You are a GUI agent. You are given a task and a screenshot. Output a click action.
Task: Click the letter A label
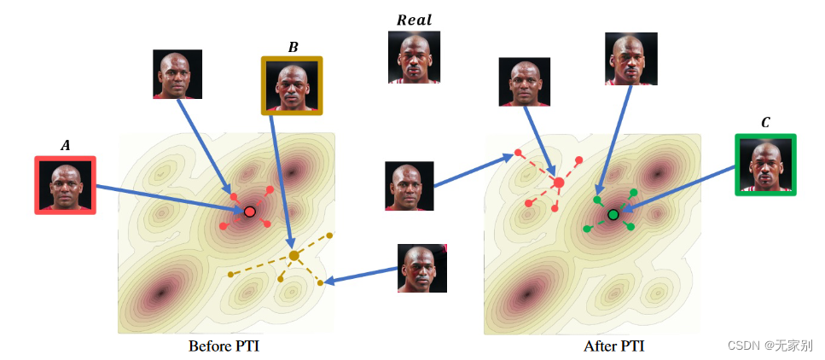[x=65, y=146]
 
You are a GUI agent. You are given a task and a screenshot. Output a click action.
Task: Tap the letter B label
[x=293, y=47]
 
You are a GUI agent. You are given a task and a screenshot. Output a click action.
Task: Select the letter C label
[x=765, y=123]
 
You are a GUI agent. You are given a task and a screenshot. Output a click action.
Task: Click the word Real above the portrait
[x=415, y=20]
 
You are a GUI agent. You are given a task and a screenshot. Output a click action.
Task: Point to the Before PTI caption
[x=224, y=346]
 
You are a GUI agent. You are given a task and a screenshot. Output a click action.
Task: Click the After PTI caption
[x=613, y=346]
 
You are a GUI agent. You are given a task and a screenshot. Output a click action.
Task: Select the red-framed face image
[x=65, y=185]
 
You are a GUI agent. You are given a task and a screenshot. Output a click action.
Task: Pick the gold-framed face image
[x=293, y=86]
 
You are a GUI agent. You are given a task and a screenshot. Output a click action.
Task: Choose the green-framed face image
[x=765, y=165]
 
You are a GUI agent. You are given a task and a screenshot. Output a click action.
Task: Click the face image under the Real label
[x=415, y=57]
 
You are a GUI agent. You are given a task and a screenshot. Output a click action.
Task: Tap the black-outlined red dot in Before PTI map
[x=249, y=211]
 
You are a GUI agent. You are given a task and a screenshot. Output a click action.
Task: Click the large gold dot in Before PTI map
[x=294, y=255]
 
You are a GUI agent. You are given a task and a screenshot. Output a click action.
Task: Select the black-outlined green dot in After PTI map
[x=613, y=214]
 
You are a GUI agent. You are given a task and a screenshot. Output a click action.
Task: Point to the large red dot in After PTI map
[x=559, y=182]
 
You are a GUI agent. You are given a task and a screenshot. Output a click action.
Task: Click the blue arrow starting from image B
[x=282, y=179]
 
